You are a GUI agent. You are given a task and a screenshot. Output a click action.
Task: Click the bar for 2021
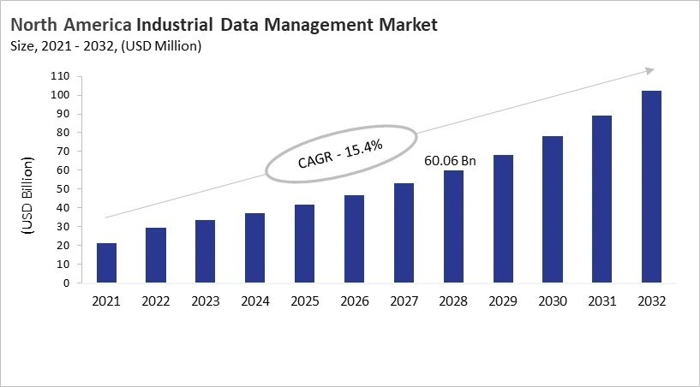[106, 263]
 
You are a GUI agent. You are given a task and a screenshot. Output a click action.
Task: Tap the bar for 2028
[452, 227]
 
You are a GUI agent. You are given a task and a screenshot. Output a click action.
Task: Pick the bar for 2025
[304, 244]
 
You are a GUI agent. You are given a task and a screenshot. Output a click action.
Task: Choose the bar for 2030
[552, 210]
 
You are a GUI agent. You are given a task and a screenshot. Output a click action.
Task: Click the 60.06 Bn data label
[451, 160]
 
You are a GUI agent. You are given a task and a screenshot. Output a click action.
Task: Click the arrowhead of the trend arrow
[649, 70]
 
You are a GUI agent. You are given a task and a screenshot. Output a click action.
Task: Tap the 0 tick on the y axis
[64, 283]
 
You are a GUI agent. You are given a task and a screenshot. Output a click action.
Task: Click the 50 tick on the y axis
[61, 188]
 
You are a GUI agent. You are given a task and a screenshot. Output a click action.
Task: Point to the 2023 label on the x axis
[206, 301]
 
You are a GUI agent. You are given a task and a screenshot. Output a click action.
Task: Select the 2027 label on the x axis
[404, 301]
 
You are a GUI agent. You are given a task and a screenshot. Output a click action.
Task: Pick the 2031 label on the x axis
[601, 301]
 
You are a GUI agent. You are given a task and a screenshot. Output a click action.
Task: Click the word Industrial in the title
[172, 25]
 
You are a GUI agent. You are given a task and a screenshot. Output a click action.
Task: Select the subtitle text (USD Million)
[162, 46]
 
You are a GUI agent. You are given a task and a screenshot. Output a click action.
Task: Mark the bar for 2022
[156, 255]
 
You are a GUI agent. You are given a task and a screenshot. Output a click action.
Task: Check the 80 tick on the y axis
[61, 133]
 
